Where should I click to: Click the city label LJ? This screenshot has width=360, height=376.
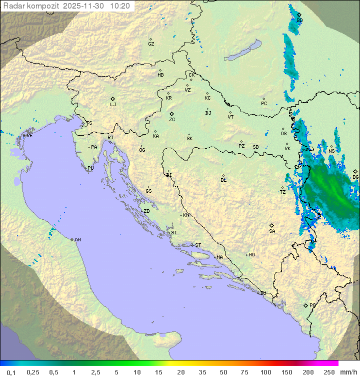click(113, 105)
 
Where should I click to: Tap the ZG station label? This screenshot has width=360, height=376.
click(172, 120)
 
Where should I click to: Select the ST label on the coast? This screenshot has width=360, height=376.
click(198, 245)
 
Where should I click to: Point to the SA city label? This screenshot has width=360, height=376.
click(272, 231)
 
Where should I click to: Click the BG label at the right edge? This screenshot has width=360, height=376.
click(355, 177)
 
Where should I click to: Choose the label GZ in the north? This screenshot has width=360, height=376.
click(151, 44)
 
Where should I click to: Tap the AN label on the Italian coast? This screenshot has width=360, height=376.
click(77, 240)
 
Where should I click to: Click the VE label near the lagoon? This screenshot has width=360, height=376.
click(29, 136)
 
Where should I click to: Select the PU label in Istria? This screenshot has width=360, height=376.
click(90, 168)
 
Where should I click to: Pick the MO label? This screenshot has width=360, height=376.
click(251, 255)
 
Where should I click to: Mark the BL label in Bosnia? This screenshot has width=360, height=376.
click(223, 180)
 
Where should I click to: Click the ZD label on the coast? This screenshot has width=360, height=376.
click(146, 211)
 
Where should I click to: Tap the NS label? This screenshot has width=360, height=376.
click(331, 151)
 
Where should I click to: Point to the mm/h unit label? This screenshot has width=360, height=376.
click(347, 372)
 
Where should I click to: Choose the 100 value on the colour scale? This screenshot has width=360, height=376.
click(265, 372)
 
